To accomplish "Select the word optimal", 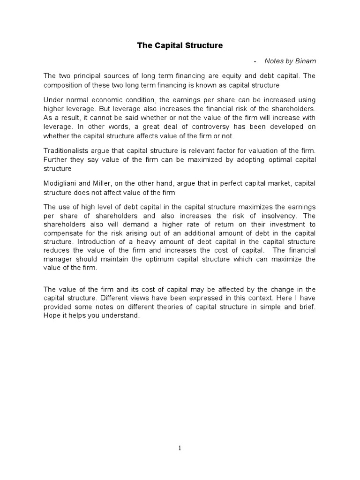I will [280, 159].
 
